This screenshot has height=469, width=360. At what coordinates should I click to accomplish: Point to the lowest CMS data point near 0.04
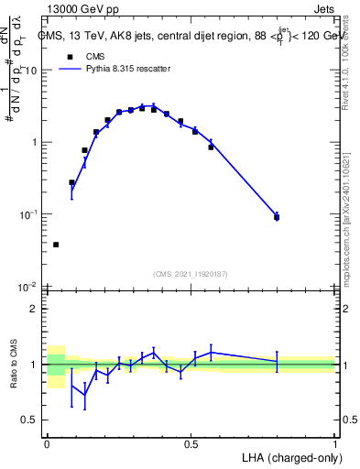[x=56, y=245]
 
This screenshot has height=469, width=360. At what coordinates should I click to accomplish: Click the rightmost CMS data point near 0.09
[x=277, y=217]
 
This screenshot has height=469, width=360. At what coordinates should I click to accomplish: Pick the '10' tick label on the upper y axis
[x=32, y=71]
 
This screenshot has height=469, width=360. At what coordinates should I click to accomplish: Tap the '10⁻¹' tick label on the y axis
[x=30, y=214]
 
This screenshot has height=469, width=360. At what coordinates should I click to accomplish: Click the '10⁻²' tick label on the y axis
[x=30, y=286]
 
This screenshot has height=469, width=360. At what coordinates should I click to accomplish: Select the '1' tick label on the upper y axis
[x=36, y=143]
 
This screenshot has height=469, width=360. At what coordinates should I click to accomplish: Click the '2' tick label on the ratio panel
[x=36, y=309]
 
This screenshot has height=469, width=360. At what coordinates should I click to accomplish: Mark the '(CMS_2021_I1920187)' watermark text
[x=191, y=273]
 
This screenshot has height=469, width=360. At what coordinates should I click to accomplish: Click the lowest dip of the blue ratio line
[x=85, y=395]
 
